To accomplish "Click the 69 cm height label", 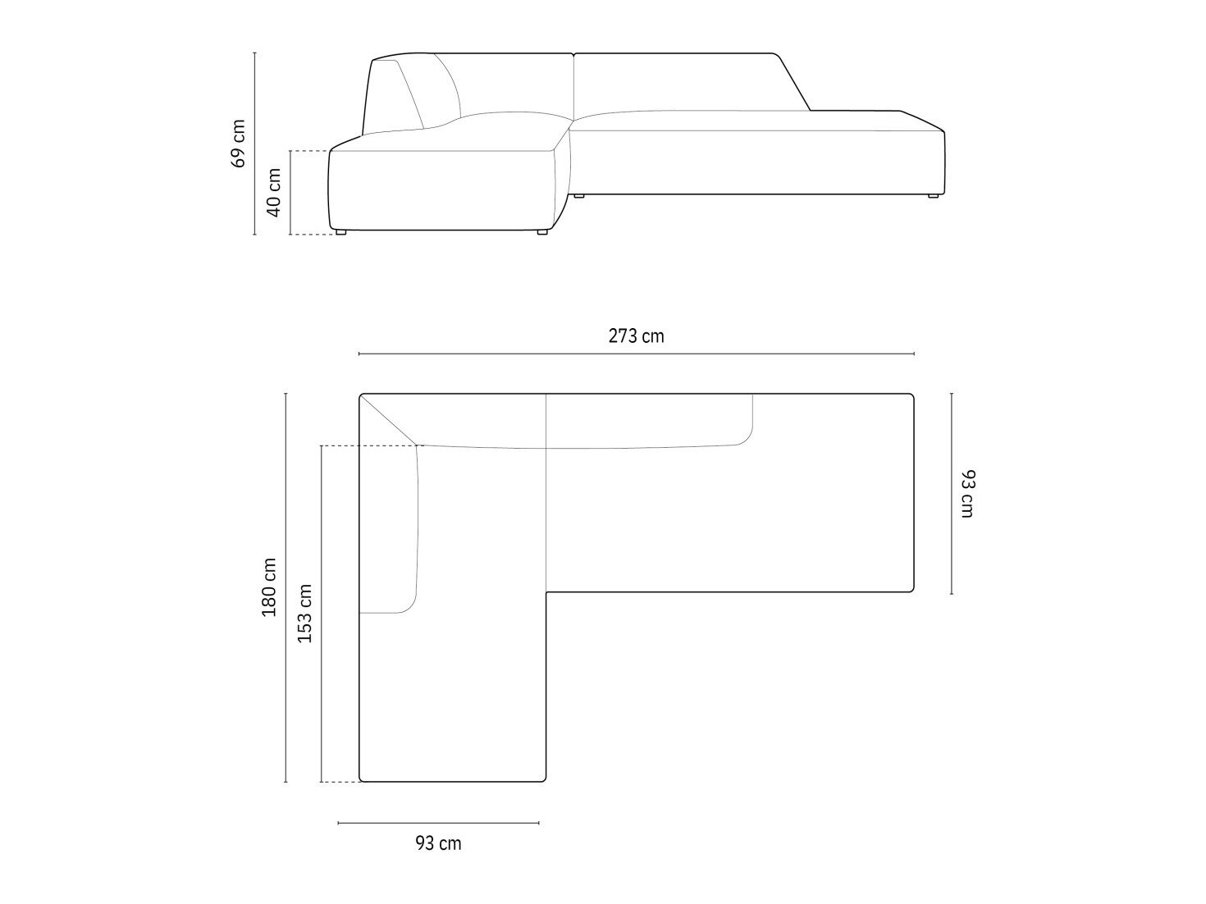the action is click(x=239, y=144).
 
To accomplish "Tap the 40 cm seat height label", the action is click(x=274, y=192).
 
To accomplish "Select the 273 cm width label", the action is click(x=637, y=336).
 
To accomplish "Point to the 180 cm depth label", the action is click(x=268, y=587).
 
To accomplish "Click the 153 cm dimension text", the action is click(x=304, y=613).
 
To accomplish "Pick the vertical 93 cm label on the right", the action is click(x=967, y=494).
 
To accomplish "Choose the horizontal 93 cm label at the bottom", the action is click(x=438, y=843).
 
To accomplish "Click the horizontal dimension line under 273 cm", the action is click(x=637, y=354).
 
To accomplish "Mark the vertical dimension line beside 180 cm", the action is click(x=286, y=587).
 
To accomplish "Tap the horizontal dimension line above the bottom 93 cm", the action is click(x=438, y=823).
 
